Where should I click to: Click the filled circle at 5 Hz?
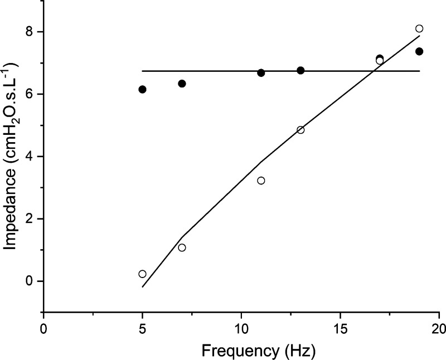click(x=142, y=89)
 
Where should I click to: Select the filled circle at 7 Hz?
click(x=182, y=84)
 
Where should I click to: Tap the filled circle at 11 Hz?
click(x=261, y=73)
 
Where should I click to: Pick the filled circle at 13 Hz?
click(x=300, y=70)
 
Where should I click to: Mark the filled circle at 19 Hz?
click(x=419, y=51)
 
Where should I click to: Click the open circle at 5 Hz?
click(x=142, y=274)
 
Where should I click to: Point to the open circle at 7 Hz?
click(x=182, y=247)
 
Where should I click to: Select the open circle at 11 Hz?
click(x=261, y=181)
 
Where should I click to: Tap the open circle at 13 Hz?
click(x=300, y=130)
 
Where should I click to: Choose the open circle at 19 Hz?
click(x=419, y=28)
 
